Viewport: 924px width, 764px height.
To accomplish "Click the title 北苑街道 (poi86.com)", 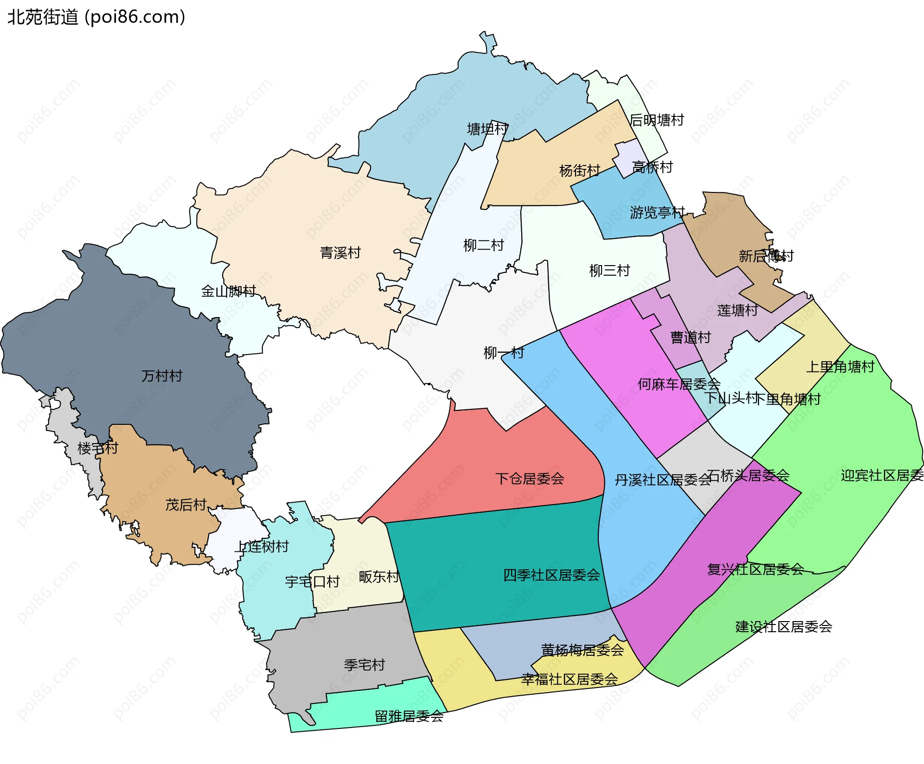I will point(96,17).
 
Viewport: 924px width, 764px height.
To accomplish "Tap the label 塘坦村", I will point(488,129).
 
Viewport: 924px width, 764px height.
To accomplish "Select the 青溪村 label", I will point(340,253).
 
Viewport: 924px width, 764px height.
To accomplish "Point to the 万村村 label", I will point(162,376).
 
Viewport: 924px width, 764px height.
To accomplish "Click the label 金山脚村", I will point(228,291).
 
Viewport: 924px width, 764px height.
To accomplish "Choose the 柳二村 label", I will point(483,245).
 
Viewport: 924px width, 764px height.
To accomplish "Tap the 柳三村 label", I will point(609,270).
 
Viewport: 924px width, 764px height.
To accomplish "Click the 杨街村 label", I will point(579,170).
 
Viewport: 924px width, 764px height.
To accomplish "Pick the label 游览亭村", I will point(657,212).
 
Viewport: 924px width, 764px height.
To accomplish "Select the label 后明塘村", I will point(656,120).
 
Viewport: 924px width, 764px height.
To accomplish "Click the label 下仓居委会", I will point(529,478).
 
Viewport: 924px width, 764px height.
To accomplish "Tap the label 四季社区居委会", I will point(552,575).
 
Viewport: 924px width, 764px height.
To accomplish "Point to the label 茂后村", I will point(186,505).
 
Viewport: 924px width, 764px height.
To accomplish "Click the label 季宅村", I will point(364,665).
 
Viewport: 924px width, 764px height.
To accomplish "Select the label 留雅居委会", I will point(409,716).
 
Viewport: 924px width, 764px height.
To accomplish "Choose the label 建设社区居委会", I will point(783,626).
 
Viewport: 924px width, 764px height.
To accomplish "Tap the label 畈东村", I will point(379,576).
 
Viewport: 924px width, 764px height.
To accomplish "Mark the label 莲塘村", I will point(737,310).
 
